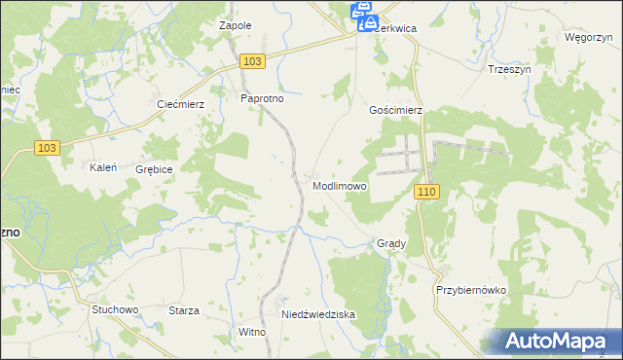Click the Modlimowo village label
[340, 185]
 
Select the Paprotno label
[261, 98]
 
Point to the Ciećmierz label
[180, 104]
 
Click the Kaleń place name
[103, 167]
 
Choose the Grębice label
[154, 169]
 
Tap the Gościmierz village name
[395, 111]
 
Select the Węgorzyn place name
[587, 37]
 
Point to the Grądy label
[390, 243]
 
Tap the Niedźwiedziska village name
[318, 315]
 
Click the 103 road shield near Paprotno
[251, 61]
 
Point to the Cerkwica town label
[397, 29]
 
